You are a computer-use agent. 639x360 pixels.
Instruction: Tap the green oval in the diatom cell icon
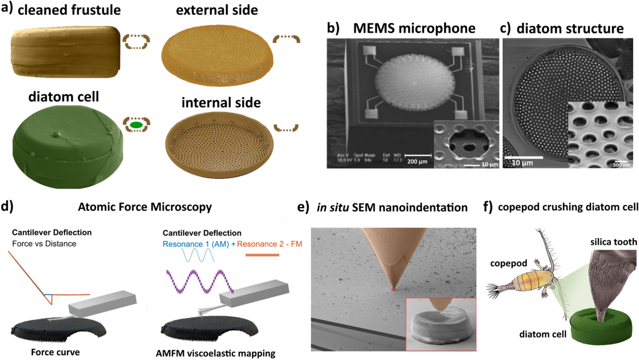pos(136,125)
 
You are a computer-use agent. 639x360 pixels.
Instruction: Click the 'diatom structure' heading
pos(570,29)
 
